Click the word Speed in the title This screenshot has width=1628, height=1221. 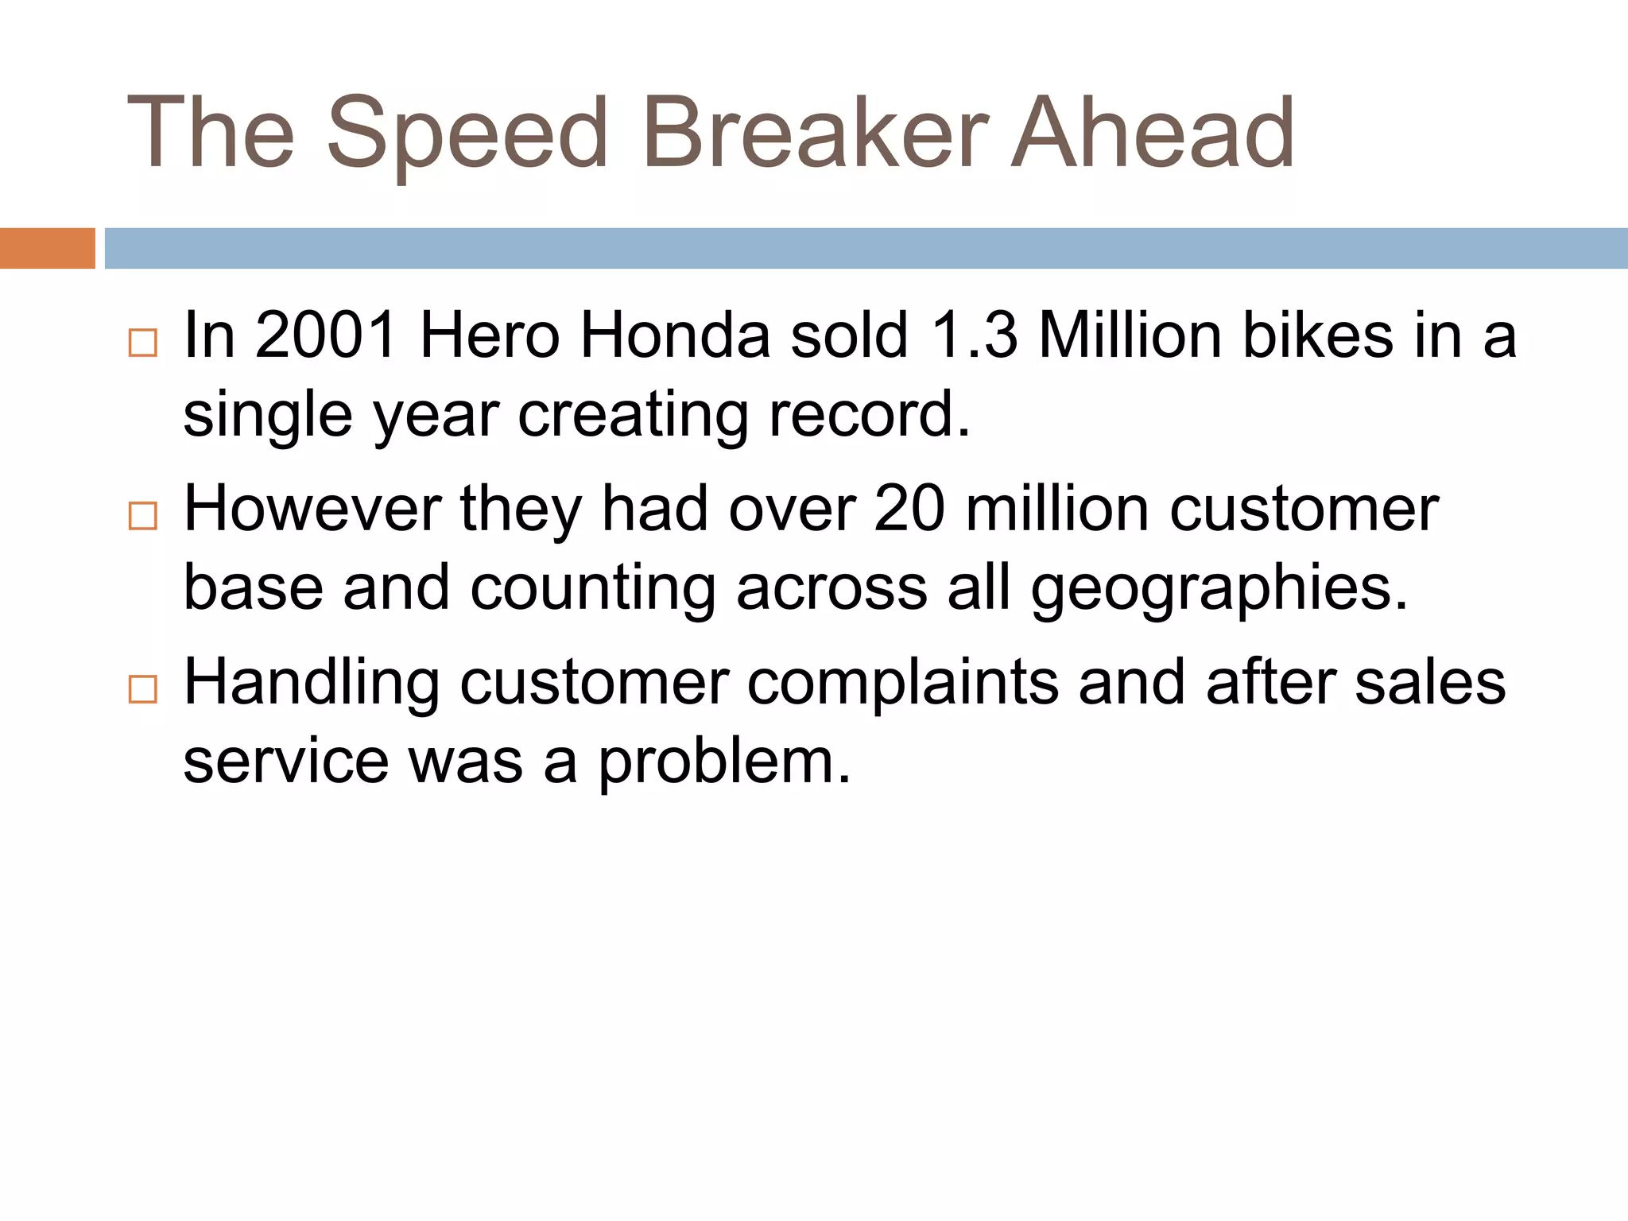467,134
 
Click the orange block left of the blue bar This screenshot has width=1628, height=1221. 47,248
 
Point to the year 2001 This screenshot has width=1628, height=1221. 326,335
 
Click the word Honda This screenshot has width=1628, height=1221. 675,335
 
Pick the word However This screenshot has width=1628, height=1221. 312,509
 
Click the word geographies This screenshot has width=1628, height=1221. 1219,588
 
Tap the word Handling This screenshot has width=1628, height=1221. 312,682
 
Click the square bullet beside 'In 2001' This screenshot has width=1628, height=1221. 143,343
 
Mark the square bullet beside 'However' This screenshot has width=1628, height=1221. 143,517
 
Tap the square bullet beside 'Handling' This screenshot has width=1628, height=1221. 143,689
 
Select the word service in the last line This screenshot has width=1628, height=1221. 286,762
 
